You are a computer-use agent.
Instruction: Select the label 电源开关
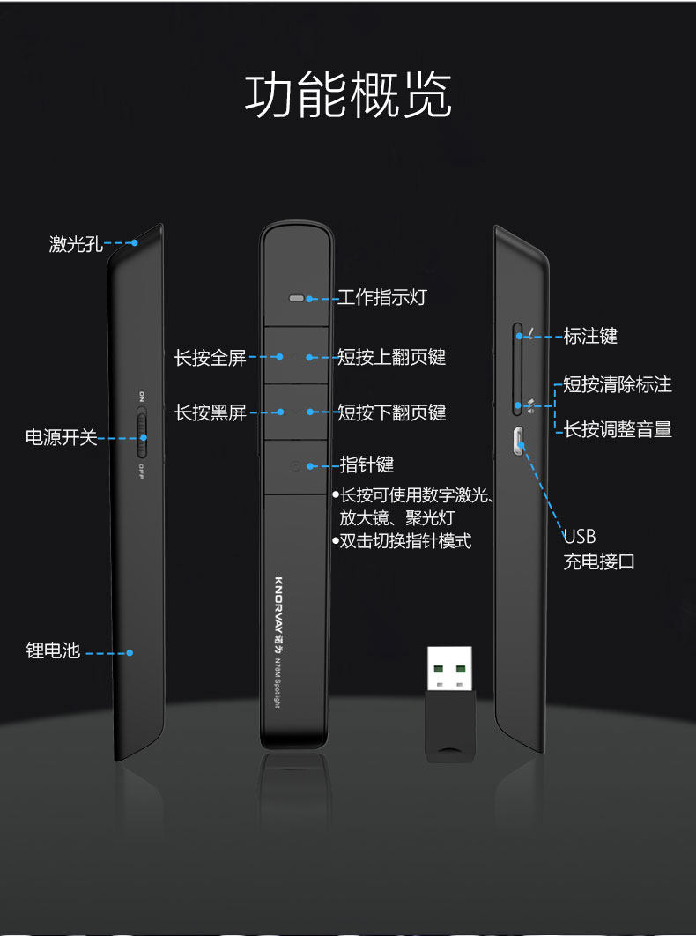[61, 437]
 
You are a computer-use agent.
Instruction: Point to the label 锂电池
[53, 651]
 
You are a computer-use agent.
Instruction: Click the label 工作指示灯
[383, 298]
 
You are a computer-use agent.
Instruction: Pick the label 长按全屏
[210, 358]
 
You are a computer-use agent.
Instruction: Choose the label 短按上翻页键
[392, 357]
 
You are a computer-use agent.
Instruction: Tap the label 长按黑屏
[210, 412]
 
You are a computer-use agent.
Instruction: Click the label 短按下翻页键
[392, 412]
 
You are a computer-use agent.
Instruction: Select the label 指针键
[367, 464]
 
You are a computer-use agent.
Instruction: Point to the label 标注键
[590, 336]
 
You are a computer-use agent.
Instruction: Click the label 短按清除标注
[618, 385]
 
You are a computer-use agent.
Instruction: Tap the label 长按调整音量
[618, 429]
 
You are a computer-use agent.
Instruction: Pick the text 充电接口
[599, 561]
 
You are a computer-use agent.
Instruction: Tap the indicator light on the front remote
[297, 299]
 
